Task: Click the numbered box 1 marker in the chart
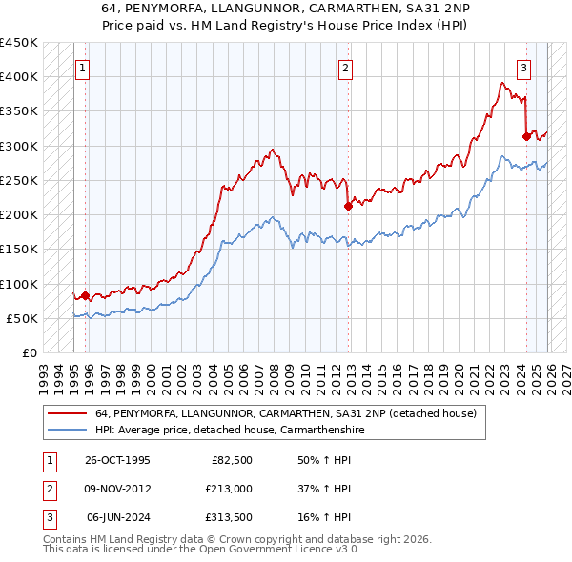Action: point(84,68)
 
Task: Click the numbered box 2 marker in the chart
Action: point(344,68)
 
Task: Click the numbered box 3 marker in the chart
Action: point(523,68)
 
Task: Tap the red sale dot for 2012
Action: point(348,205)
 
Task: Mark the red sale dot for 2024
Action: point(526,136)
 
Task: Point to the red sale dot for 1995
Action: point(86,295)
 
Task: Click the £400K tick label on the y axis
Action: point(19,77)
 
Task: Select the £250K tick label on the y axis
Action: point(19,180)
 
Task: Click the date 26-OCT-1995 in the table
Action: point(117,460)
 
